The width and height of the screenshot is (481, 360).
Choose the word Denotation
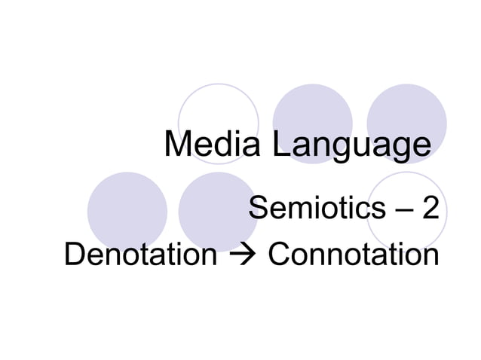click(x=140, y=255)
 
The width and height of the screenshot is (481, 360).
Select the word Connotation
click(x=353, y=255)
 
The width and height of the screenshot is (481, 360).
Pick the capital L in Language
click(x=280, y=146)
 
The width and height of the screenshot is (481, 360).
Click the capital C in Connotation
click(x=280, y=255)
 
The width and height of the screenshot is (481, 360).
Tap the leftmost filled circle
click(x=127, y=212)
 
